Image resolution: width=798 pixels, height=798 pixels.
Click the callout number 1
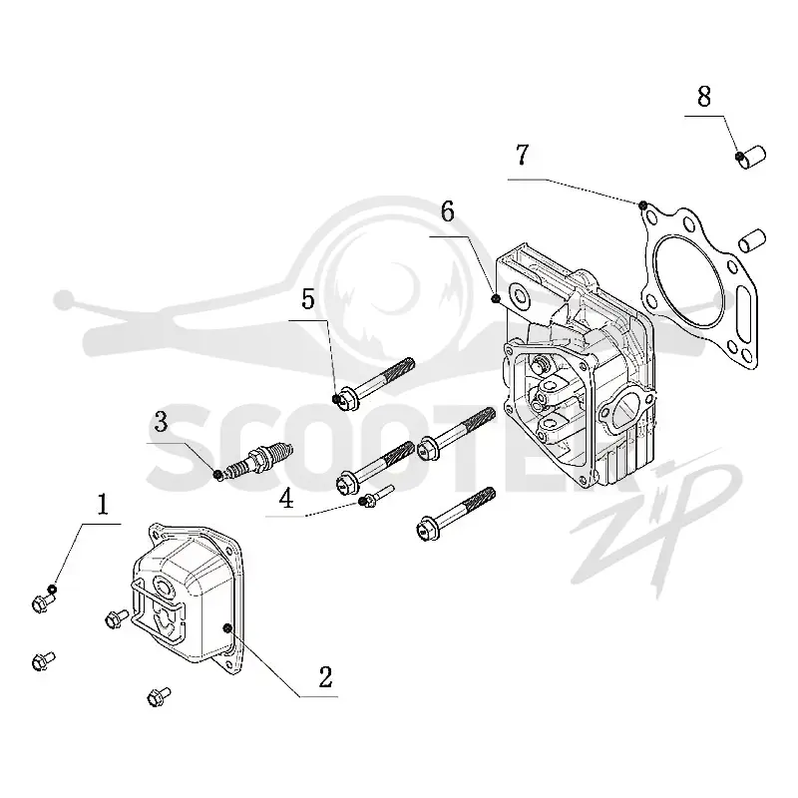pyautogui.click(x=103, y=505)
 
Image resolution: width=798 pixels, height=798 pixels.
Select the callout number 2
pyautogui.click(x=326, y=677)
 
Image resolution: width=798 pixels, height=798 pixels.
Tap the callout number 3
pyautogui.click(x=161, y=422)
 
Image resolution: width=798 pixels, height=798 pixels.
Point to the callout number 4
pyautogui.click(x=286, y=498)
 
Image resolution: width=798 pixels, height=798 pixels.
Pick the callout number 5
pyautogui.click(x=308, y=299)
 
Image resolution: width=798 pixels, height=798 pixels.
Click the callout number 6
pyautogui.click(x=447, y=211)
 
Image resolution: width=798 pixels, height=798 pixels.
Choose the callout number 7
pyautogui.click(x=522, y=155)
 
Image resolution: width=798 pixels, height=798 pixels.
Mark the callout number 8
pyautogui.click(x=704, y=96)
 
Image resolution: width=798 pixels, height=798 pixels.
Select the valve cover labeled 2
pyautogui.click(x=190, y=598)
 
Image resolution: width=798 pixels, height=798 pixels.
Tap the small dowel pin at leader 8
pyautogui.click(x=751, y=158)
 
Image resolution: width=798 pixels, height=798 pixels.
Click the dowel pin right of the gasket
pyautogui.click(x=752, y=240)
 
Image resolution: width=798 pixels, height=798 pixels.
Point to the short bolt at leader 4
pyautogui.click(x=376, y=496)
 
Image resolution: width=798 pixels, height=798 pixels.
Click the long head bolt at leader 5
pyautogui.click(x=374, y=385)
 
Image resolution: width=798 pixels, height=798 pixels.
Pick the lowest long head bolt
pyautogui.click(x=456, y=514)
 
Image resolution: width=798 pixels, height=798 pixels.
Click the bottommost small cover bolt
pyautogui.click(x=159, y=696)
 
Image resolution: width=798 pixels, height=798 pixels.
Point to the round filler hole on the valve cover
pyautogui.click(x=164, y=588)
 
